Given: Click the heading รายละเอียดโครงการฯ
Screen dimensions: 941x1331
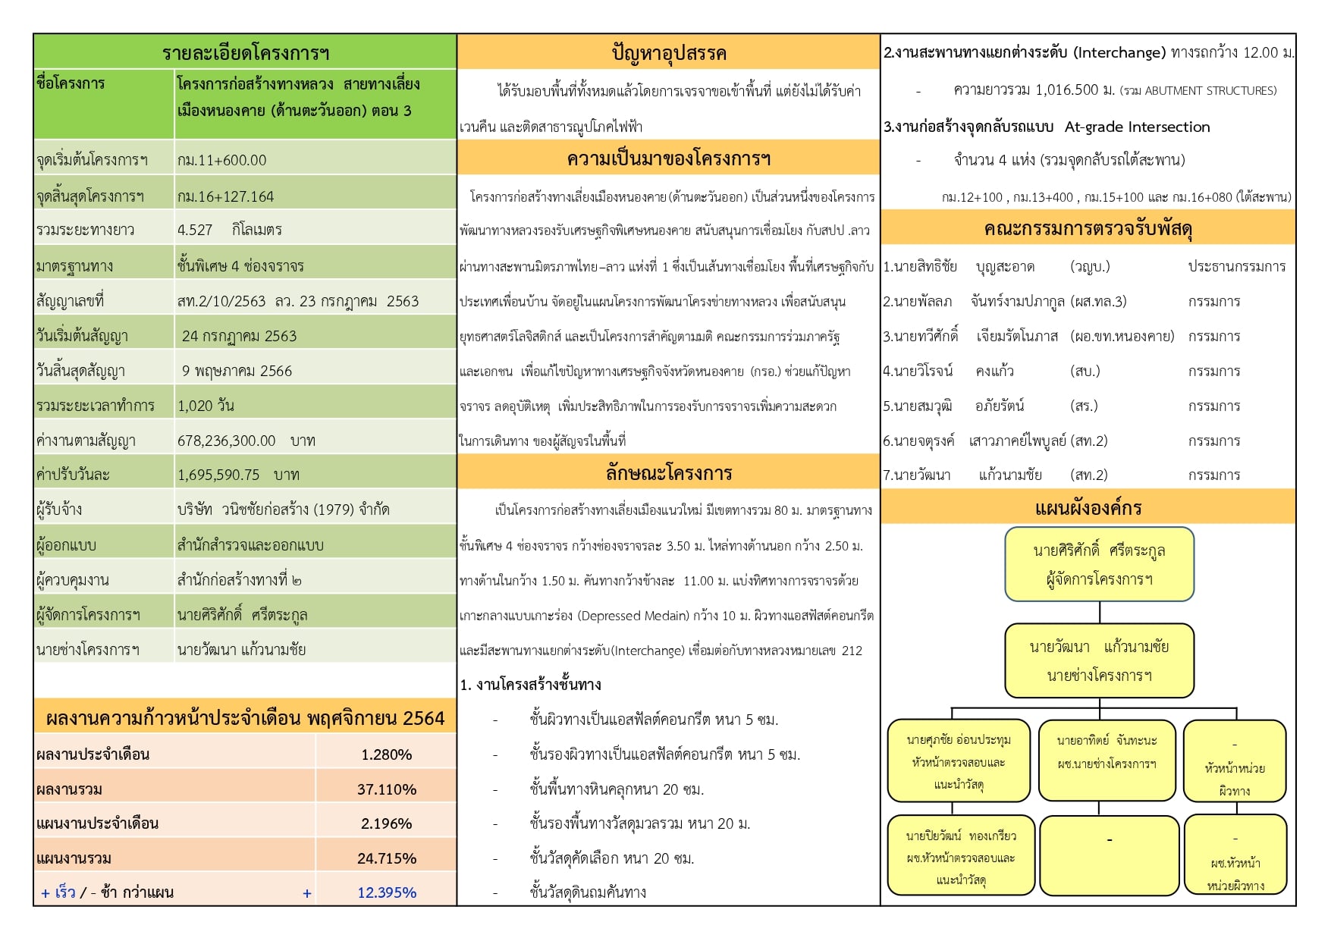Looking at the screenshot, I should tap(245, 53).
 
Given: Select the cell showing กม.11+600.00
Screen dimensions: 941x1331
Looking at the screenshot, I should tap(221, 160).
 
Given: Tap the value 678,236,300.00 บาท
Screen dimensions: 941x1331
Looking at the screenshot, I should tap(246, 441).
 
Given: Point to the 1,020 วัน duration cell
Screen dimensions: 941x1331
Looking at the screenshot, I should tap(206, 406).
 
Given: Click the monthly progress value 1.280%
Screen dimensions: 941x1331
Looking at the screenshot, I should tap(386, 754).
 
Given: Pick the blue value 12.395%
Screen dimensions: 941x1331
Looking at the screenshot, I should tap(387, 892).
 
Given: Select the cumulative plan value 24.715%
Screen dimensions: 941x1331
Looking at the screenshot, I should tap(387, 858).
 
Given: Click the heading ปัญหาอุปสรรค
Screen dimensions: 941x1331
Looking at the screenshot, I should tap(668, 53).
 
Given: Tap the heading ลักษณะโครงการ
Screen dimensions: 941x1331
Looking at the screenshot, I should tap(668, 473).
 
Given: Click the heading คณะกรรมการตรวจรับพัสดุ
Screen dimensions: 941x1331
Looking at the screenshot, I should tap(1088, 228).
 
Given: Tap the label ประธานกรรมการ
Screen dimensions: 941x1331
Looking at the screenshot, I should tap(1236, 266).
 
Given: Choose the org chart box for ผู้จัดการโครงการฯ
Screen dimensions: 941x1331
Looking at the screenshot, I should tap(1099, 564).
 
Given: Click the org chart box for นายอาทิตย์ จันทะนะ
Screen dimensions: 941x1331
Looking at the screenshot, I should tap(1107, 760).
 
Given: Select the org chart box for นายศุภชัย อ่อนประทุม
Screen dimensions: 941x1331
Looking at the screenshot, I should tap(959, 761).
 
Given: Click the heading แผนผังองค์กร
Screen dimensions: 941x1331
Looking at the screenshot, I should tap(1088, 507).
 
